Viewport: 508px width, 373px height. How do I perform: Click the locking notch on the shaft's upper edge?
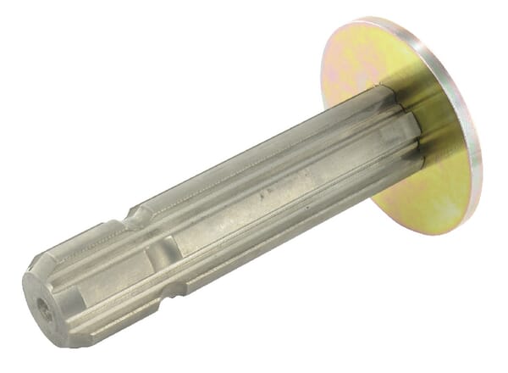[135, 218]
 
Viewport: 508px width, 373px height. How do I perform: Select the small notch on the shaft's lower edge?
[175, 291]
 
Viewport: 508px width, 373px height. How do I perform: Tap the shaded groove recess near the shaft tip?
[161, 252]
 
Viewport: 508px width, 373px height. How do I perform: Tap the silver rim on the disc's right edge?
[475, 144]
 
